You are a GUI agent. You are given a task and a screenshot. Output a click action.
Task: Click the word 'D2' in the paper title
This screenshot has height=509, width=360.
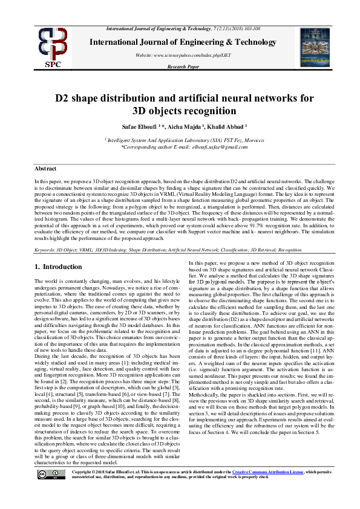click(x=62, y=98)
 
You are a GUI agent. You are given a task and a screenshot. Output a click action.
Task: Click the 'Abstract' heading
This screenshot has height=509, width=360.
click(x=45, y=169)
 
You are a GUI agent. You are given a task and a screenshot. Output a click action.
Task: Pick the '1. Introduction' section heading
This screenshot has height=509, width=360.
click(x=57, y=267)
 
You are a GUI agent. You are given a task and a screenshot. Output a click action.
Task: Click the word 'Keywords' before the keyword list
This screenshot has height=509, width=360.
click(x=45, y=248)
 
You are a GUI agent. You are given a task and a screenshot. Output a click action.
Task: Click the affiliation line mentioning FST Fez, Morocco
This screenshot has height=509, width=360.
click(x=179, y=139)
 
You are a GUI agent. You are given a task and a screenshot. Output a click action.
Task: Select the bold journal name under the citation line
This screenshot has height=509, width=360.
click(x=179, y=42)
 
